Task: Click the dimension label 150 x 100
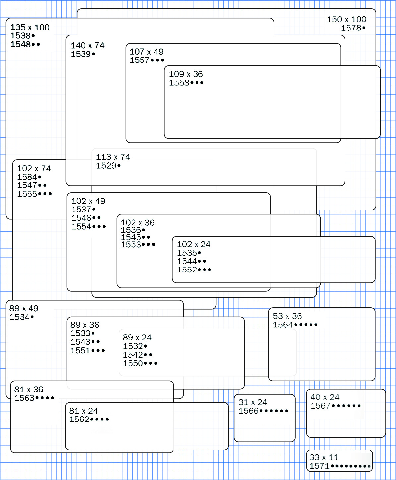pos(347,20)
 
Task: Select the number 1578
pos(351,28)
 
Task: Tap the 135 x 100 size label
pos(30,28)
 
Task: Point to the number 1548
pos(21,45)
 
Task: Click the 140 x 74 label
pos(87,46)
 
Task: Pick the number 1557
pos(140,61)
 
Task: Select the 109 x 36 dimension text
pos(186,74)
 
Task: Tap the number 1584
pos(27,177)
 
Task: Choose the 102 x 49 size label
pos(88,201)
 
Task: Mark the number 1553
pos(131,245)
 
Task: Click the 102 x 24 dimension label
pos(194,245)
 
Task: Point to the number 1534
pos(20,317)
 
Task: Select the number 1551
pos(80,351)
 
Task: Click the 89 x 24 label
pos(137,338)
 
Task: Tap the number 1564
pos(283,325)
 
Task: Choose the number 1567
pos(320,406)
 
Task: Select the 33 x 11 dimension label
pos(324,458)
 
